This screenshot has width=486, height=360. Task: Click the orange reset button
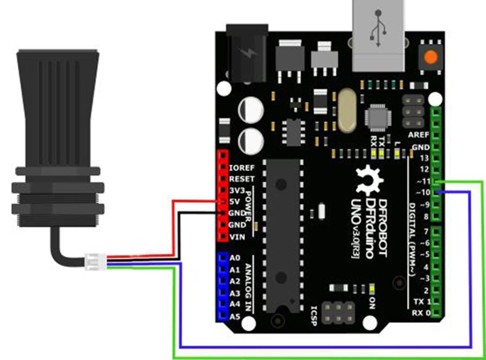(x=431, y=57)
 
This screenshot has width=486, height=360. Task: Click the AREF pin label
(x=419, y=134)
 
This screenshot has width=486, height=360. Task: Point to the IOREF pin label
(x=241, y=169)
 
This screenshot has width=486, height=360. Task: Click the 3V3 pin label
(x=237, y=191)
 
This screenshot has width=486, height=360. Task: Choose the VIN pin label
(x=236, y=236)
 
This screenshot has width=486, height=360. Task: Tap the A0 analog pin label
(x=234, y=259)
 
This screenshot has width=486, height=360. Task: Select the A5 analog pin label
(x=234, y=317)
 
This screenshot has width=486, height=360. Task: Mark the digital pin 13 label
(x=424, y=157)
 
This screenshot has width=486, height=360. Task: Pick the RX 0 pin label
(x=420, y=313)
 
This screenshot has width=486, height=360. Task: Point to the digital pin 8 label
(x=425, y=217)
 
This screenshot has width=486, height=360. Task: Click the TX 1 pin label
(x=420, y=302)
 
